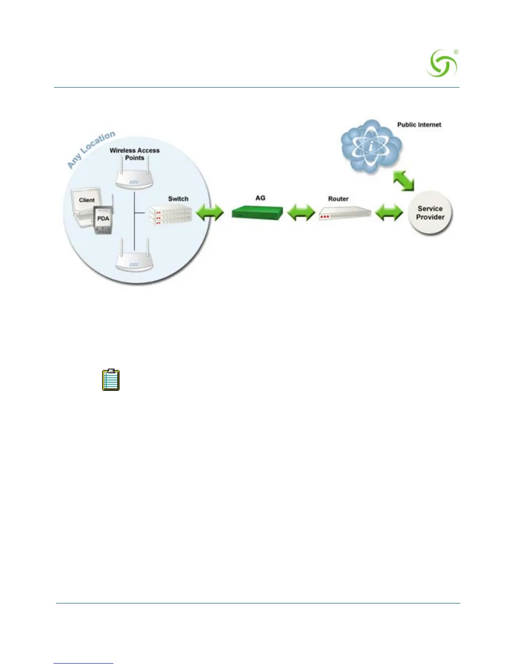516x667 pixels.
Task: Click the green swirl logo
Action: pyautogui.click(x=442, y=64)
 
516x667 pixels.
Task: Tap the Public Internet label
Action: pyautogui.click(x=419, y=125)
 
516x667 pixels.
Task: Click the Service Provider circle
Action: pyautogui.click(x=430, y=213)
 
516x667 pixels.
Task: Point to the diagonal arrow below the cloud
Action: pyautogui.click(x=403, y=180)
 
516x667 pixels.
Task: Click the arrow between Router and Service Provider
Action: pyautogui.click(x=389, y=213)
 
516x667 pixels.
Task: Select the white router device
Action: pyautogui.click(x=345, y=213)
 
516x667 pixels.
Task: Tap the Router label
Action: pyautogui.click(x=338, y=199)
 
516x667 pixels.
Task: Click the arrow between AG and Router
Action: pyautogui.click(x=301, y=213)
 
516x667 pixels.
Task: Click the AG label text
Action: pyautogui.click(x=260, y=198)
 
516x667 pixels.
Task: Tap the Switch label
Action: pyautogui.click(x=178, y=199)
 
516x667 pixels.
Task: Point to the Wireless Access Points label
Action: pyautogui.click(x=134, y=154)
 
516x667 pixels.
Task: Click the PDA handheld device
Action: pyautogui.click(x=104, y=220)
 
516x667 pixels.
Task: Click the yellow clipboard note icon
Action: pyautogui.click(x=111, y=380)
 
